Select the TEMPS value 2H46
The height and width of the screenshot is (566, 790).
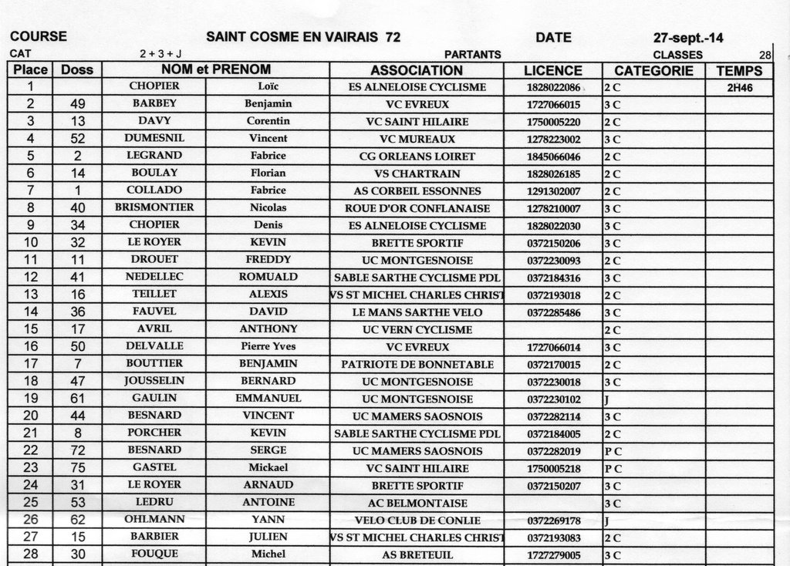[739, 88]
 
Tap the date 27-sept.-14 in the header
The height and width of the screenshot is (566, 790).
[688, 37]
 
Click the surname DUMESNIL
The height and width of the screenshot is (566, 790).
[154, 139]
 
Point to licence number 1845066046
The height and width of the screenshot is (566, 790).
[553, 157]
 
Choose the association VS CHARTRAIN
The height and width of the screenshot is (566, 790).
[417, 174]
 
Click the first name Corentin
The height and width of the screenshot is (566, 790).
[268, 121]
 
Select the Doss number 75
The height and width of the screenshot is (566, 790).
[76, 467]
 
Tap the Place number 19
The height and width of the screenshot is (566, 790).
[31, 398]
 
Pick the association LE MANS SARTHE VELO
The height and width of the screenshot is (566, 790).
[417, 312]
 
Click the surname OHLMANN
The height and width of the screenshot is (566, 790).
[154, 520]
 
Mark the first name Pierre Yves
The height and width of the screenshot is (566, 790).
[268, 346]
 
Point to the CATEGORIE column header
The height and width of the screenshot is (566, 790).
[653, 70]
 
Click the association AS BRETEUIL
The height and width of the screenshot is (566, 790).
[417, 554]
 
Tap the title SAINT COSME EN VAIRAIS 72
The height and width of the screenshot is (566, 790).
[303, 37]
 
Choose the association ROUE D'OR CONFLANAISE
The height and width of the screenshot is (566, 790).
[417, 208]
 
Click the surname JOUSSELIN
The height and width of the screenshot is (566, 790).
[154, 381]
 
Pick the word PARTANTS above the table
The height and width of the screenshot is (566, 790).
[473, 55]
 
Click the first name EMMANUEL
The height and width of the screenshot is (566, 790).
[268, 398]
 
